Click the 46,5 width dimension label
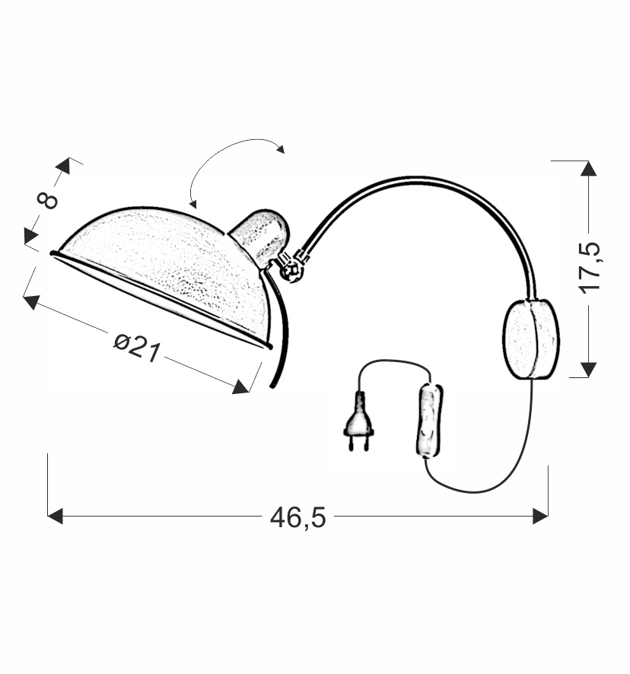298,517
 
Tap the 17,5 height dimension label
589,268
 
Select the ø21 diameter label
137,348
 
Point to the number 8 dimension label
47,200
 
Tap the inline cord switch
429,420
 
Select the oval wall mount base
531,339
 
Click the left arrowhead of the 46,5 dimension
55,516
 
